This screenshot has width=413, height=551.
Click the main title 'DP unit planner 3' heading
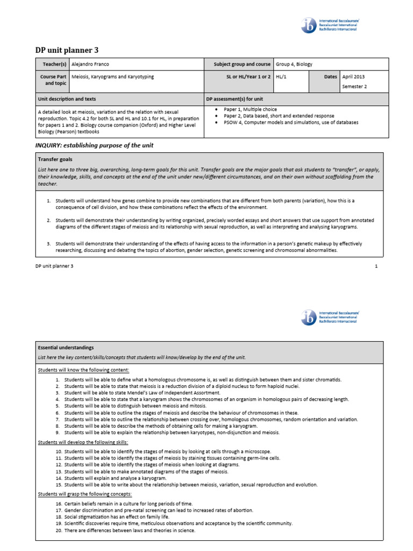coord(67,51)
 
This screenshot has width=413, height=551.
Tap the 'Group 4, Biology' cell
coord(294,64)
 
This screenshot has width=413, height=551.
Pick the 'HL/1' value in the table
coord(281,77)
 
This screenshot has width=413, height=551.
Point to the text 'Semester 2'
coord(355,87)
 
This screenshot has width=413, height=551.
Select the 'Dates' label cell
coord(330,77)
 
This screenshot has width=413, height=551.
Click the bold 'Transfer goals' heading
coord(55,159)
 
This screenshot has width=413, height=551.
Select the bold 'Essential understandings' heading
coord(66,348)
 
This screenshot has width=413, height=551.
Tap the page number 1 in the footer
coord(376,266)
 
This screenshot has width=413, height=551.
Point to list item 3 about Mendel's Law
coord(134,393)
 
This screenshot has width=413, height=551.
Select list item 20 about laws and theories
coord(130,530)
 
